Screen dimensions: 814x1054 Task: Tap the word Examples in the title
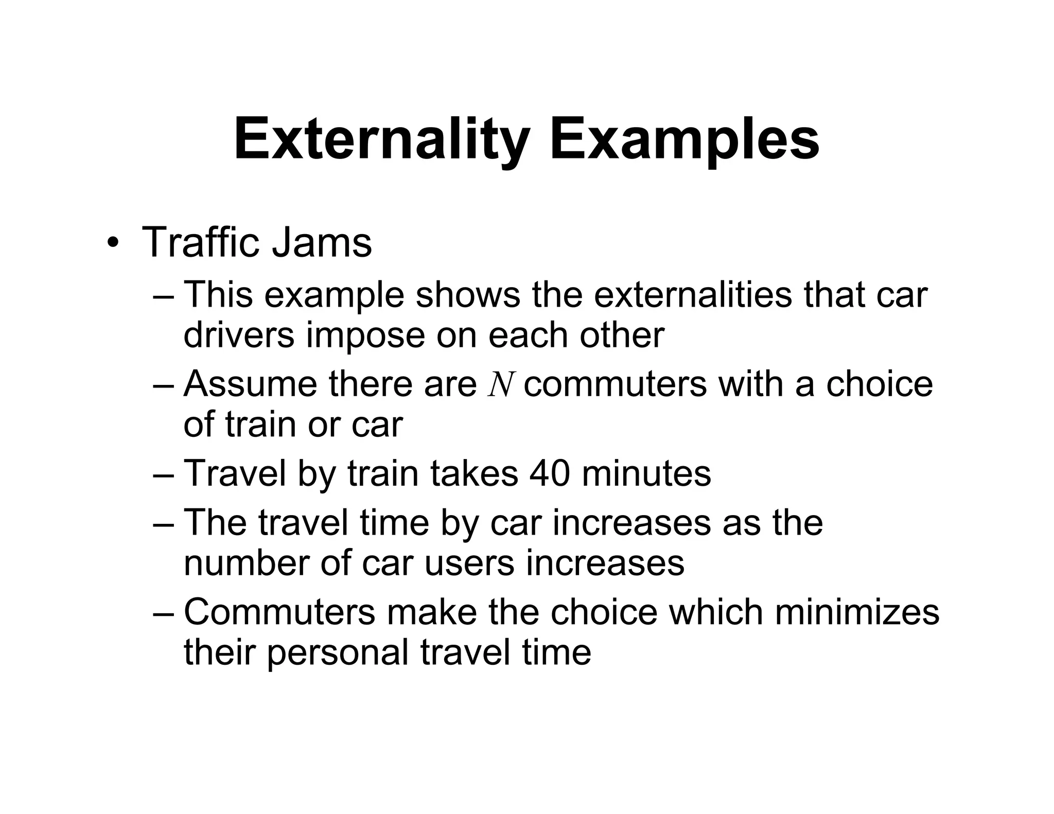(684, 139)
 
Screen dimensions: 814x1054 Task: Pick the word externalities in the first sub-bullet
(693, 295)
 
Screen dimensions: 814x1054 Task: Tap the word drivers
(239, 335)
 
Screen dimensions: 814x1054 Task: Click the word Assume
(250, 384)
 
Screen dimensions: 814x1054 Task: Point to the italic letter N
(500, 385)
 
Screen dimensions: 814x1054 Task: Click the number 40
(550, 473)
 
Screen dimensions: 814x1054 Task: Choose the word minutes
(646, 473)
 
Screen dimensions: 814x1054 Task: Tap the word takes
(474, 473)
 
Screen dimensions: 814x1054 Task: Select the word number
(246, 562)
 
